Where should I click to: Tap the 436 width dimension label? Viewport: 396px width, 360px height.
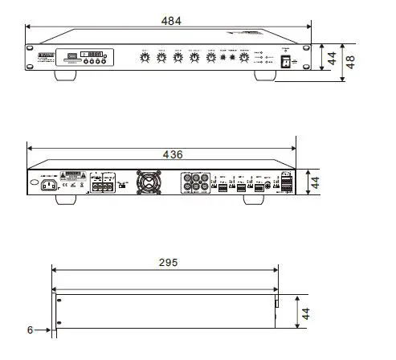tap(173, 153)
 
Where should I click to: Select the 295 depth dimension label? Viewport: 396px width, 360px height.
tap(168, 263)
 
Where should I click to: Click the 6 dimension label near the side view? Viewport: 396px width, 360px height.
tap(30, 329)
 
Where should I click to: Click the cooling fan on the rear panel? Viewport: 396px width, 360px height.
tap(149, 184)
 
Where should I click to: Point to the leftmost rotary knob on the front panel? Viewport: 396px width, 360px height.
tap(145, 59)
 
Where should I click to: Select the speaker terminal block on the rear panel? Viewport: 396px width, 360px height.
tap(103, 186)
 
